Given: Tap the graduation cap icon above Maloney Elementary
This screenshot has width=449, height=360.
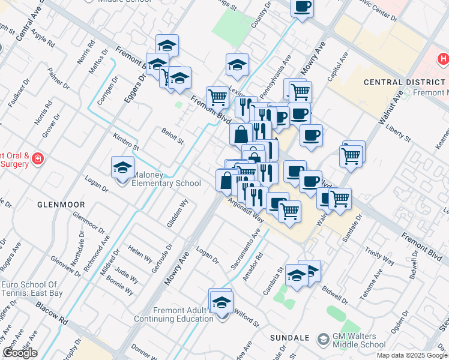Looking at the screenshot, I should tap(122, 167).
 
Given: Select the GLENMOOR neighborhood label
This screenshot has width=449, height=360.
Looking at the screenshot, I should tap(61, 205).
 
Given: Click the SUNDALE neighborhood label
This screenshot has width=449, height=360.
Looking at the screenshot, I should tap(289, 338).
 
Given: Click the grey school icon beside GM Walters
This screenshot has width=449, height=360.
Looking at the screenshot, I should tap(324, 340).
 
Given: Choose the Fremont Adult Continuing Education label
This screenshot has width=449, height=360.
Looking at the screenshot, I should tap(184, 314).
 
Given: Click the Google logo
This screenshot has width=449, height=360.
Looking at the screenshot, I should tap(20, 353).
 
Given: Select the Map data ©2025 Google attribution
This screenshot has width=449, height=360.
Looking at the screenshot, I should tap(412, 355).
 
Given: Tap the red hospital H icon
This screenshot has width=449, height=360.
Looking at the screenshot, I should tap(444, 59).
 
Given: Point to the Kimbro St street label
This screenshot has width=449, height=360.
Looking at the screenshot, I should tap(126, 142).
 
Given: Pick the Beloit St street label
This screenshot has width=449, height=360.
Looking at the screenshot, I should tap(172, 134).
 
